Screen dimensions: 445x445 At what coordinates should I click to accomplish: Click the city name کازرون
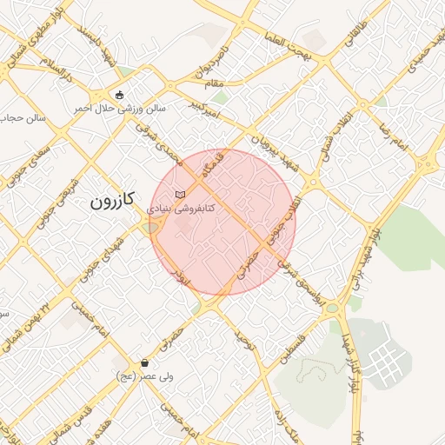[x=113, y=202]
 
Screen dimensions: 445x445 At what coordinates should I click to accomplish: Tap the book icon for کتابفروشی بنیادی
[x=180, y=194]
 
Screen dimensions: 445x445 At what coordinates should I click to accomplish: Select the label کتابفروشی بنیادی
[x=181, y=209]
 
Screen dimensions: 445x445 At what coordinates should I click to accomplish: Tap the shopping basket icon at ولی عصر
[x=143, y=362]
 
